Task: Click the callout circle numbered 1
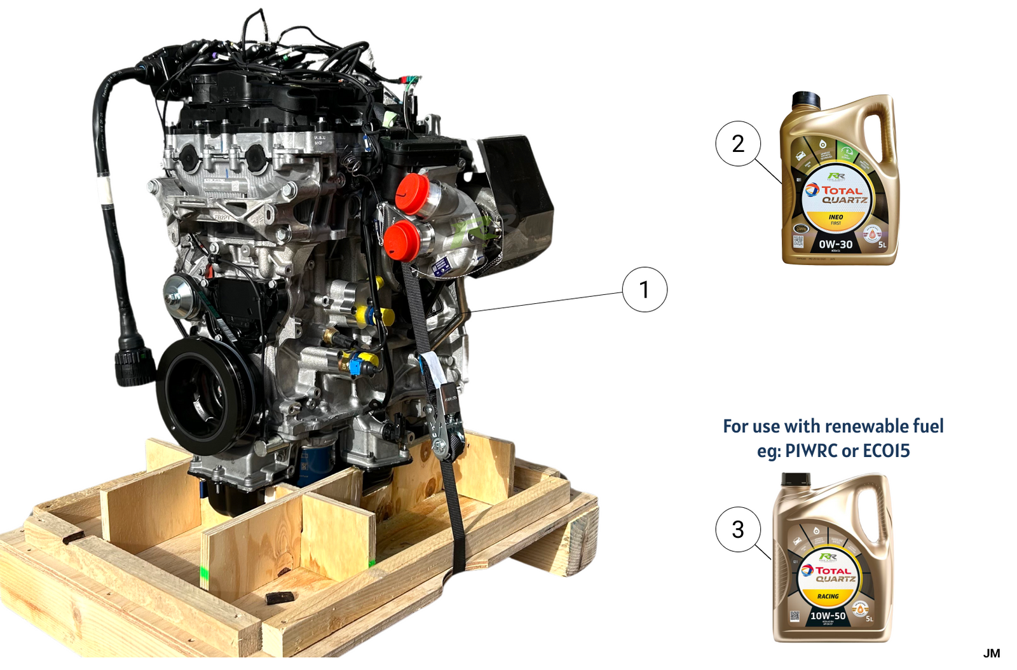tap(645, 289)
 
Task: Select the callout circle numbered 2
tap(737, 144)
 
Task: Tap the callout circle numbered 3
tap(737, 529)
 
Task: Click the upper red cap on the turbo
tap(412, 193)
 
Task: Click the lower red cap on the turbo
tap(402, 241)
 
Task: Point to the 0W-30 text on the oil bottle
tap(835, 244)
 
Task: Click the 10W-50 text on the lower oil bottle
tap(828, 615)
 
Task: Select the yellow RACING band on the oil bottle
tap(828, 596)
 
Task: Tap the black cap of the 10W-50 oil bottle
tap(795, 480)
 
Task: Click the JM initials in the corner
tap(991, 653)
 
